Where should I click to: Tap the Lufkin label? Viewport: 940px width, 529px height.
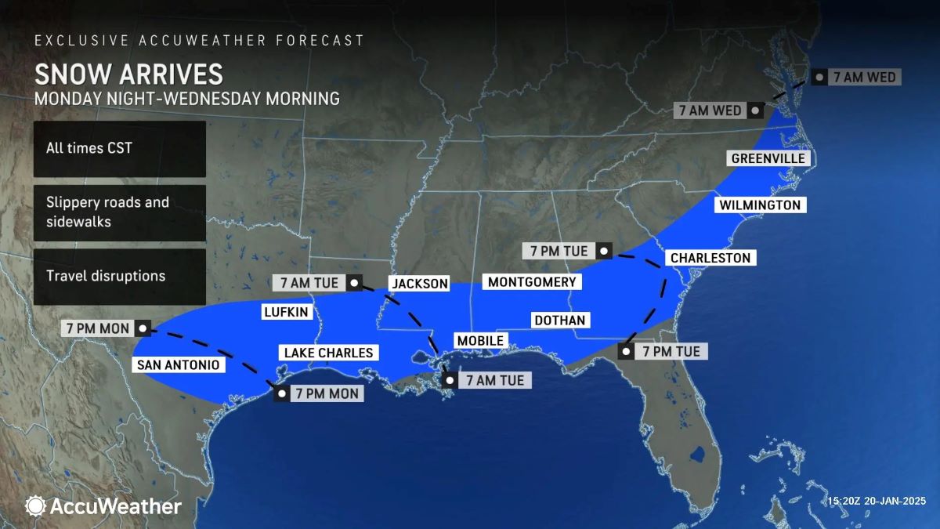[x=286, y=312]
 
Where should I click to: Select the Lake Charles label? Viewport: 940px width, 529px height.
[x=328, y=353]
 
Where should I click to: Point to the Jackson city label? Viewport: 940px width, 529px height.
[x=420, y=284]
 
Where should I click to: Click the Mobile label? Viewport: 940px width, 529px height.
[x=480, y=340]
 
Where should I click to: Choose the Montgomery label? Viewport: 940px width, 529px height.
[x=531, y=282]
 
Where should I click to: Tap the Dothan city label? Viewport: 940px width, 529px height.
[x=559, y=320]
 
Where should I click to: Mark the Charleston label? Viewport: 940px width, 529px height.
[x=710, y=258]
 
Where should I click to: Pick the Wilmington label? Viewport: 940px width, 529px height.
[x=759, y=205]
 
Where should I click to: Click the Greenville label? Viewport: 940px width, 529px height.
[x=768, y=158]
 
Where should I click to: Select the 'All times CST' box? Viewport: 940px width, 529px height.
[x=119, y=149]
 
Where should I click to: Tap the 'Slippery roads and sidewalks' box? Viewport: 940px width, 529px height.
[x=119, y=212]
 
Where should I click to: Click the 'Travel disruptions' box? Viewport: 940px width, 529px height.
[x=119, y=277]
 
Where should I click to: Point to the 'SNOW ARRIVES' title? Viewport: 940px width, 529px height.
[x=128, y=74]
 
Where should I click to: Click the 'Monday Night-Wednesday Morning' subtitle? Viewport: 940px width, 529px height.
[x=186, y=99]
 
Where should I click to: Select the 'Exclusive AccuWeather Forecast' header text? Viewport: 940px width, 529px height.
[x=199, y=40]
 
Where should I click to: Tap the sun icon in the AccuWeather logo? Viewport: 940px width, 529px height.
[x=35, y=506]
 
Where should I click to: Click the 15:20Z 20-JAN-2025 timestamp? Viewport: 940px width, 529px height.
[x=877, y=501]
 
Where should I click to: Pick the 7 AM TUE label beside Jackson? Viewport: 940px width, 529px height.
[x=313, y=282]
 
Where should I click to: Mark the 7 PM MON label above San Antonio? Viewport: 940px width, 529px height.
[x=97, y=328]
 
